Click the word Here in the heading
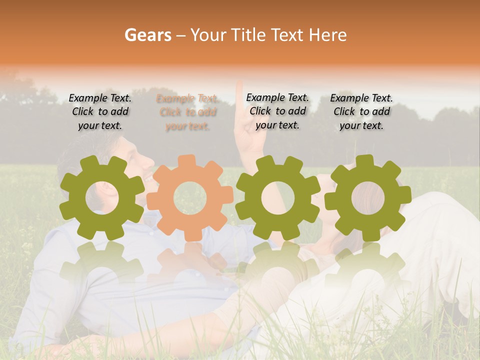tap(327, 35)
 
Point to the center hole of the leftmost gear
tap(101, 197)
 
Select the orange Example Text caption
tap(187, 112)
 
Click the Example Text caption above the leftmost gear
tap(100, 112)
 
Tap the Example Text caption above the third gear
tap(277, 111)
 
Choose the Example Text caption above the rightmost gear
tap(361, 112)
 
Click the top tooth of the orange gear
tap(186, 161)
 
